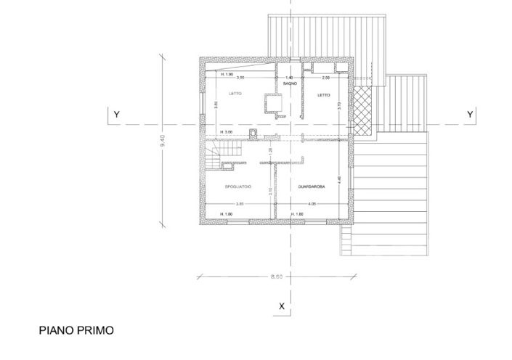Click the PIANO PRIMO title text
point(76,330)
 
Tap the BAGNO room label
point(290,84)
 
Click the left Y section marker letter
point(115,114)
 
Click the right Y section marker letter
point(470,114)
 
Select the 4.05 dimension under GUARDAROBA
point(311,204)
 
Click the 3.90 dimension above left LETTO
point(240,78)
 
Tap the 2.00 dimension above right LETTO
point(325,78)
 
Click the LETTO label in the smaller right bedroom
point(323,95)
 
